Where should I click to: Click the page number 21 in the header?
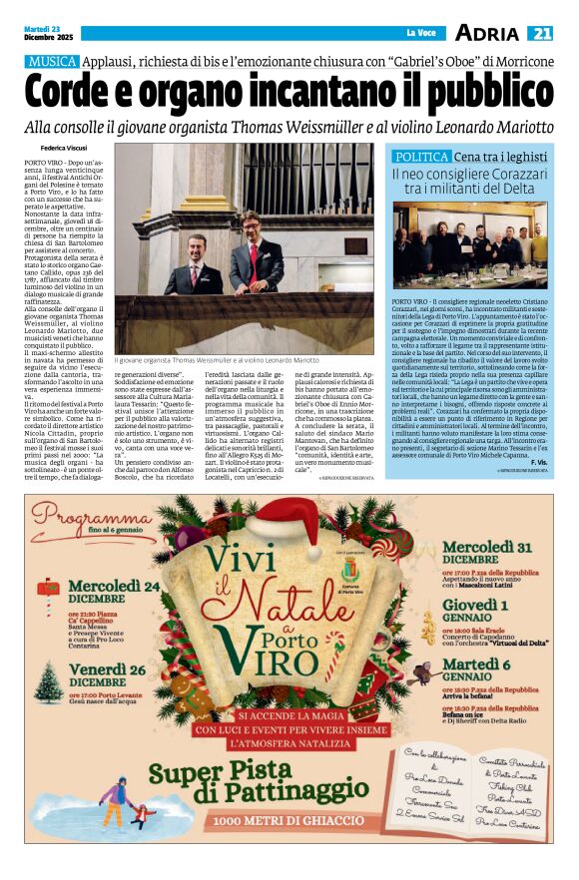pyautogui.click(x=540, y=33)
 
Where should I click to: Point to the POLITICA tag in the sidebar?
pyautogui.click(x=421, y=158)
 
